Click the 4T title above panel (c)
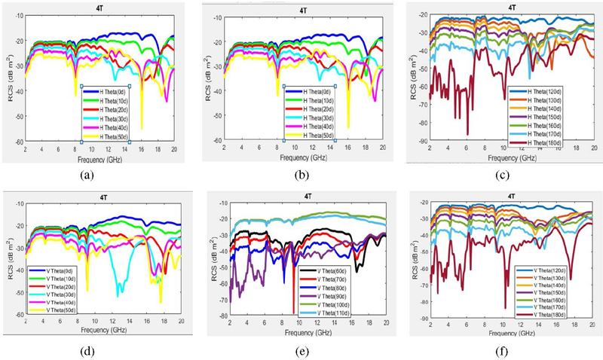coord(512,7)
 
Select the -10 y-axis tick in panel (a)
coord(17,16)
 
